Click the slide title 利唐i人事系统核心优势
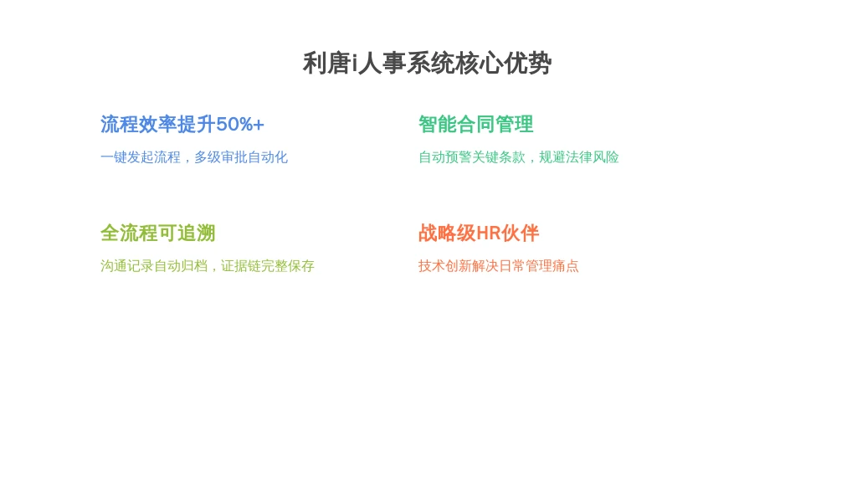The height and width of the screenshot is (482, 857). click(x=427, y=64)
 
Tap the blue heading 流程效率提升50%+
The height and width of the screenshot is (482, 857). click(x=182, y=125)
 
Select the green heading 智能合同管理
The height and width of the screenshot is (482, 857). click(x=475, y=125)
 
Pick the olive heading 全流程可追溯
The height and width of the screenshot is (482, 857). click(x=158, y=233)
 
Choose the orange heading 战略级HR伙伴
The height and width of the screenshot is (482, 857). click(x=478, y=233)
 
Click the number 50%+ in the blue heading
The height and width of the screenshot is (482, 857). click(x=240, y=125)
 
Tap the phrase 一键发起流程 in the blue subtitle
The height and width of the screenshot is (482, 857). click(x=141, y=157)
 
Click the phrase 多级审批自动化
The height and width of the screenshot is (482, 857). click(x=241, y=157)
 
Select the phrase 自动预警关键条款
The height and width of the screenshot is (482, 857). click(x=472, y=157)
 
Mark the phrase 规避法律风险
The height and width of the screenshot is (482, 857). click(x=579, y=157)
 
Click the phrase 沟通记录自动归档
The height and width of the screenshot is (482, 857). click(x=154, y=266)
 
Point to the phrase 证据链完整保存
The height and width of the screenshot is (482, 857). click(x=268, y=266)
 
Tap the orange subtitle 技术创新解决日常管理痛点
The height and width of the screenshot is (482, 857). click(x=499, y=266)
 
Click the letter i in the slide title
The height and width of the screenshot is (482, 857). click(x=354, y=64)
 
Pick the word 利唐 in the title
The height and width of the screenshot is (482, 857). click(x=327, y=64)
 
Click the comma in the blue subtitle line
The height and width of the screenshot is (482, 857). click(x=187, y=161)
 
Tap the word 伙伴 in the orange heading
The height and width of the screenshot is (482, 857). click(x=520, y=233)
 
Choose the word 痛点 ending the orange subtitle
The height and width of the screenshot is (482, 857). click(x=566, y=266)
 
